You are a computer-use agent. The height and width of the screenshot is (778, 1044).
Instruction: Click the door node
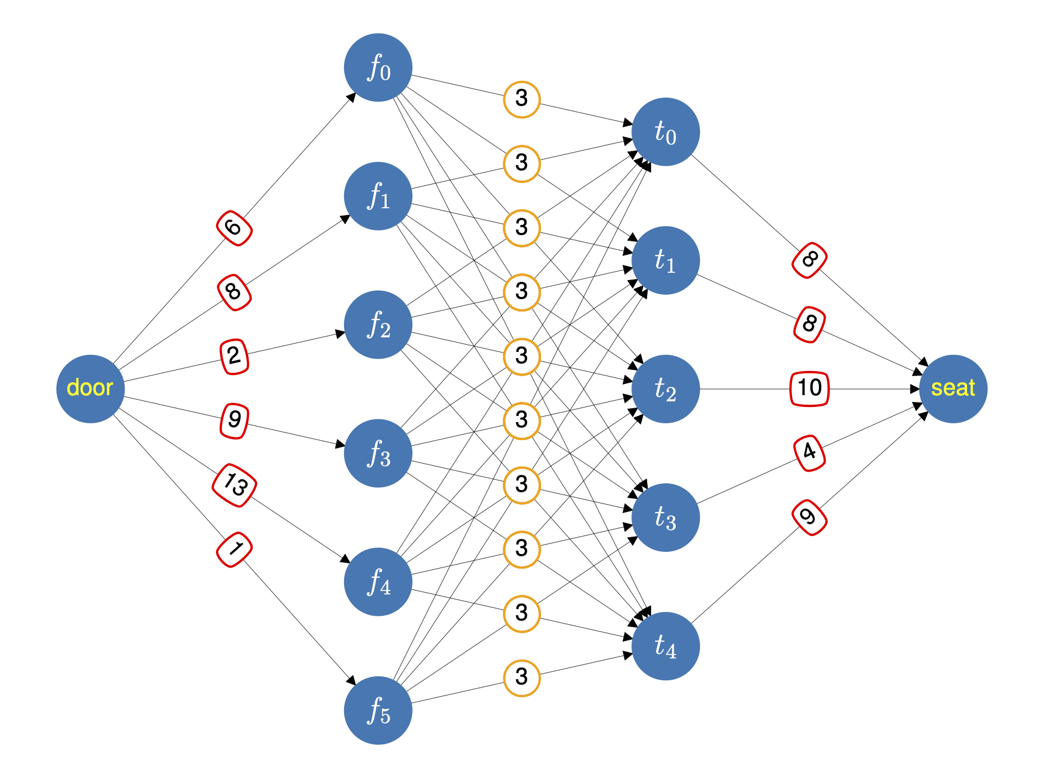click(90, 388)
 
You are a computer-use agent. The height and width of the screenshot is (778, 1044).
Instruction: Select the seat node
click(953, 388)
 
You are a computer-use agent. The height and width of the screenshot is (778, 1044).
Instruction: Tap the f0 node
click(378, 67)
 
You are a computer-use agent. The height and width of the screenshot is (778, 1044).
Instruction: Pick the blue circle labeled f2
click(378, 324)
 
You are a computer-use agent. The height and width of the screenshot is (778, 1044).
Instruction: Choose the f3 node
click(378, 453)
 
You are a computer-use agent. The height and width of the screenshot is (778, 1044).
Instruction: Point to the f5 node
click(378, 710)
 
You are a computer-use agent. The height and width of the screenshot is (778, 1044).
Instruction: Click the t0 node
click(665, 132)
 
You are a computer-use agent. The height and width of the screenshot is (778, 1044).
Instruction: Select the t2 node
click(665, 388)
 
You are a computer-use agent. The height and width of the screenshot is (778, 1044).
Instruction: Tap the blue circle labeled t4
click(665, 646)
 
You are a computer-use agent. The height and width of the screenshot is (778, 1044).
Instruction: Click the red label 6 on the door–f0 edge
click(234, 228)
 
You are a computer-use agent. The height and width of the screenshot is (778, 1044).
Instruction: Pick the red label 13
click(235, 485)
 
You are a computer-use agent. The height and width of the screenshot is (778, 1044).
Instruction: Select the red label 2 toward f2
click(234, 356)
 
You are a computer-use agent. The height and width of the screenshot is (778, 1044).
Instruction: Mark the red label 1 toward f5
click(234, 550)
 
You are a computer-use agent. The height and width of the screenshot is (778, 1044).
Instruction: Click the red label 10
click(809, 388)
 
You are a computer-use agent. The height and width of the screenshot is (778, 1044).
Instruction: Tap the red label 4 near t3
click(809, 452)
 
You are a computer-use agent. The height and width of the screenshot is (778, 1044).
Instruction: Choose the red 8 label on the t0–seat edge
click(809, 260)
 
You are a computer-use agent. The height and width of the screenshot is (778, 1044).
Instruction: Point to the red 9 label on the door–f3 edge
click(234, 420)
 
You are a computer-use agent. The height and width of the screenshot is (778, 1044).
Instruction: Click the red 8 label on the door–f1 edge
click(234, 292)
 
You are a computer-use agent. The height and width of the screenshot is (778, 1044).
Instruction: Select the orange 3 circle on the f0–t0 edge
click(521, 99)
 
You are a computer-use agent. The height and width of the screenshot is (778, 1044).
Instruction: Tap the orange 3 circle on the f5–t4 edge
click(521, 678)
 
